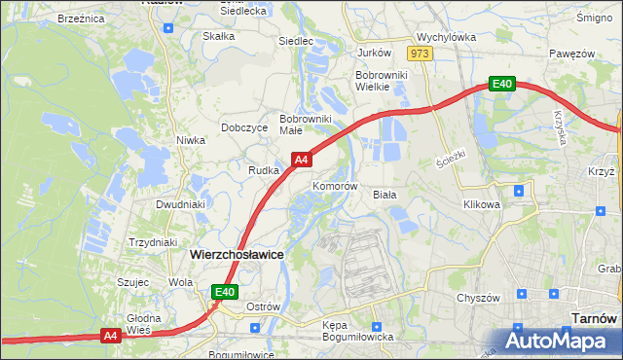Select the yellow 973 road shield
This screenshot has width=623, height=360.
click(421, 54)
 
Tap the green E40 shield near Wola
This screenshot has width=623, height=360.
click(226, 291)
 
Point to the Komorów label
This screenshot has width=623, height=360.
click(336, 186)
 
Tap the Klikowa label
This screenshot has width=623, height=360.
click(481, 205)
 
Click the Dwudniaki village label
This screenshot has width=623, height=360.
click(180, 204)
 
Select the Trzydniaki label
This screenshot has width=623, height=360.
click(152, 242)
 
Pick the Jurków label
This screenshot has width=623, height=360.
click(374, 53)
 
